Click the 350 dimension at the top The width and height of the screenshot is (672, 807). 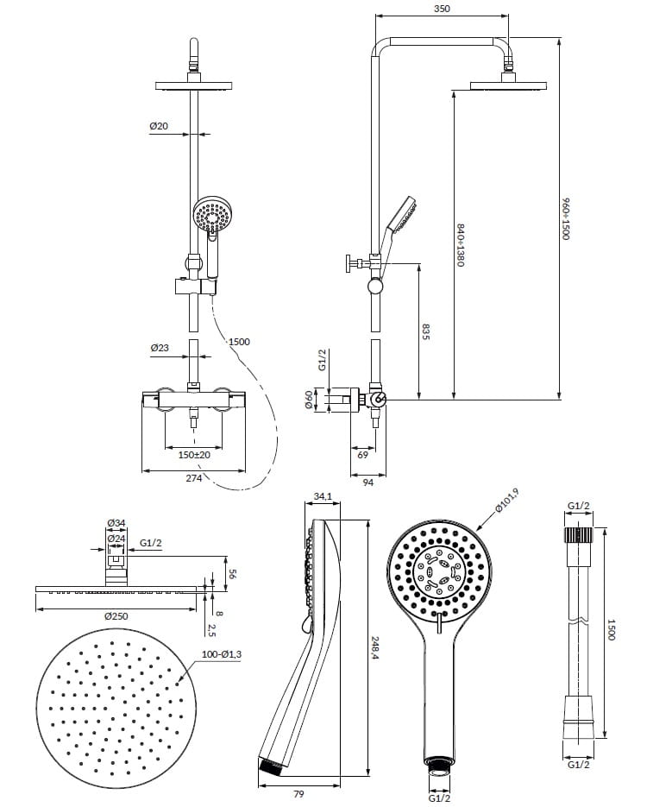[442, 9]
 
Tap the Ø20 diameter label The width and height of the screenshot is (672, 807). [159, 125]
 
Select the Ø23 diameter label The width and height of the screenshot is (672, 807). [160, 348]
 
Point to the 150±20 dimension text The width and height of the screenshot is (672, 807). [194, 455]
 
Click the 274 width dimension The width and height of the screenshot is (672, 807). [193, 478]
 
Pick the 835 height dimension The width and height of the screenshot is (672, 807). [426, 331]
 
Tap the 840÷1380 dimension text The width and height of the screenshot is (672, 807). [461, 245]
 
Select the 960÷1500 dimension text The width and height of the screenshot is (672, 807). [566, 218]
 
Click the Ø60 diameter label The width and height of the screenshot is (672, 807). [309, 400]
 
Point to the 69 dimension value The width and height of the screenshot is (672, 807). [363, 455]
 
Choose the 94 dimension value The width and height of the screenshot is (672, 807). [367, 482]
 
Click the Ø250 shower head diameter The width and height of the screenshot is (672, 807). [116, 616]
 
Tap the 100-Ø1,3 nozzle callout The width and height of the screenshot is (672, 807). [221, 654]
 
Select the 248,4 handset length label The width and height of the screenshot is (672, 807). [375, 649]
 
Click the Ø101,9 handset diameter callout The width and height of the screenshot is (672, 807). [507, 501]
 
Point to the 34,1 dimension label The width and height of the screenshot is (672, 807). [323, 496]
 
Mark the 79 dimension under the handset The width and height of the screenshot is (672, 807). [298, 794]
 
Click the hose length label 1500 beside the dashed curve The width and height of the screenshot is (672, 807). [239, 342]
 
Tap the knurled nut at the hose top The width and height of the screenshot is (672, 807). [579, 534]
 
